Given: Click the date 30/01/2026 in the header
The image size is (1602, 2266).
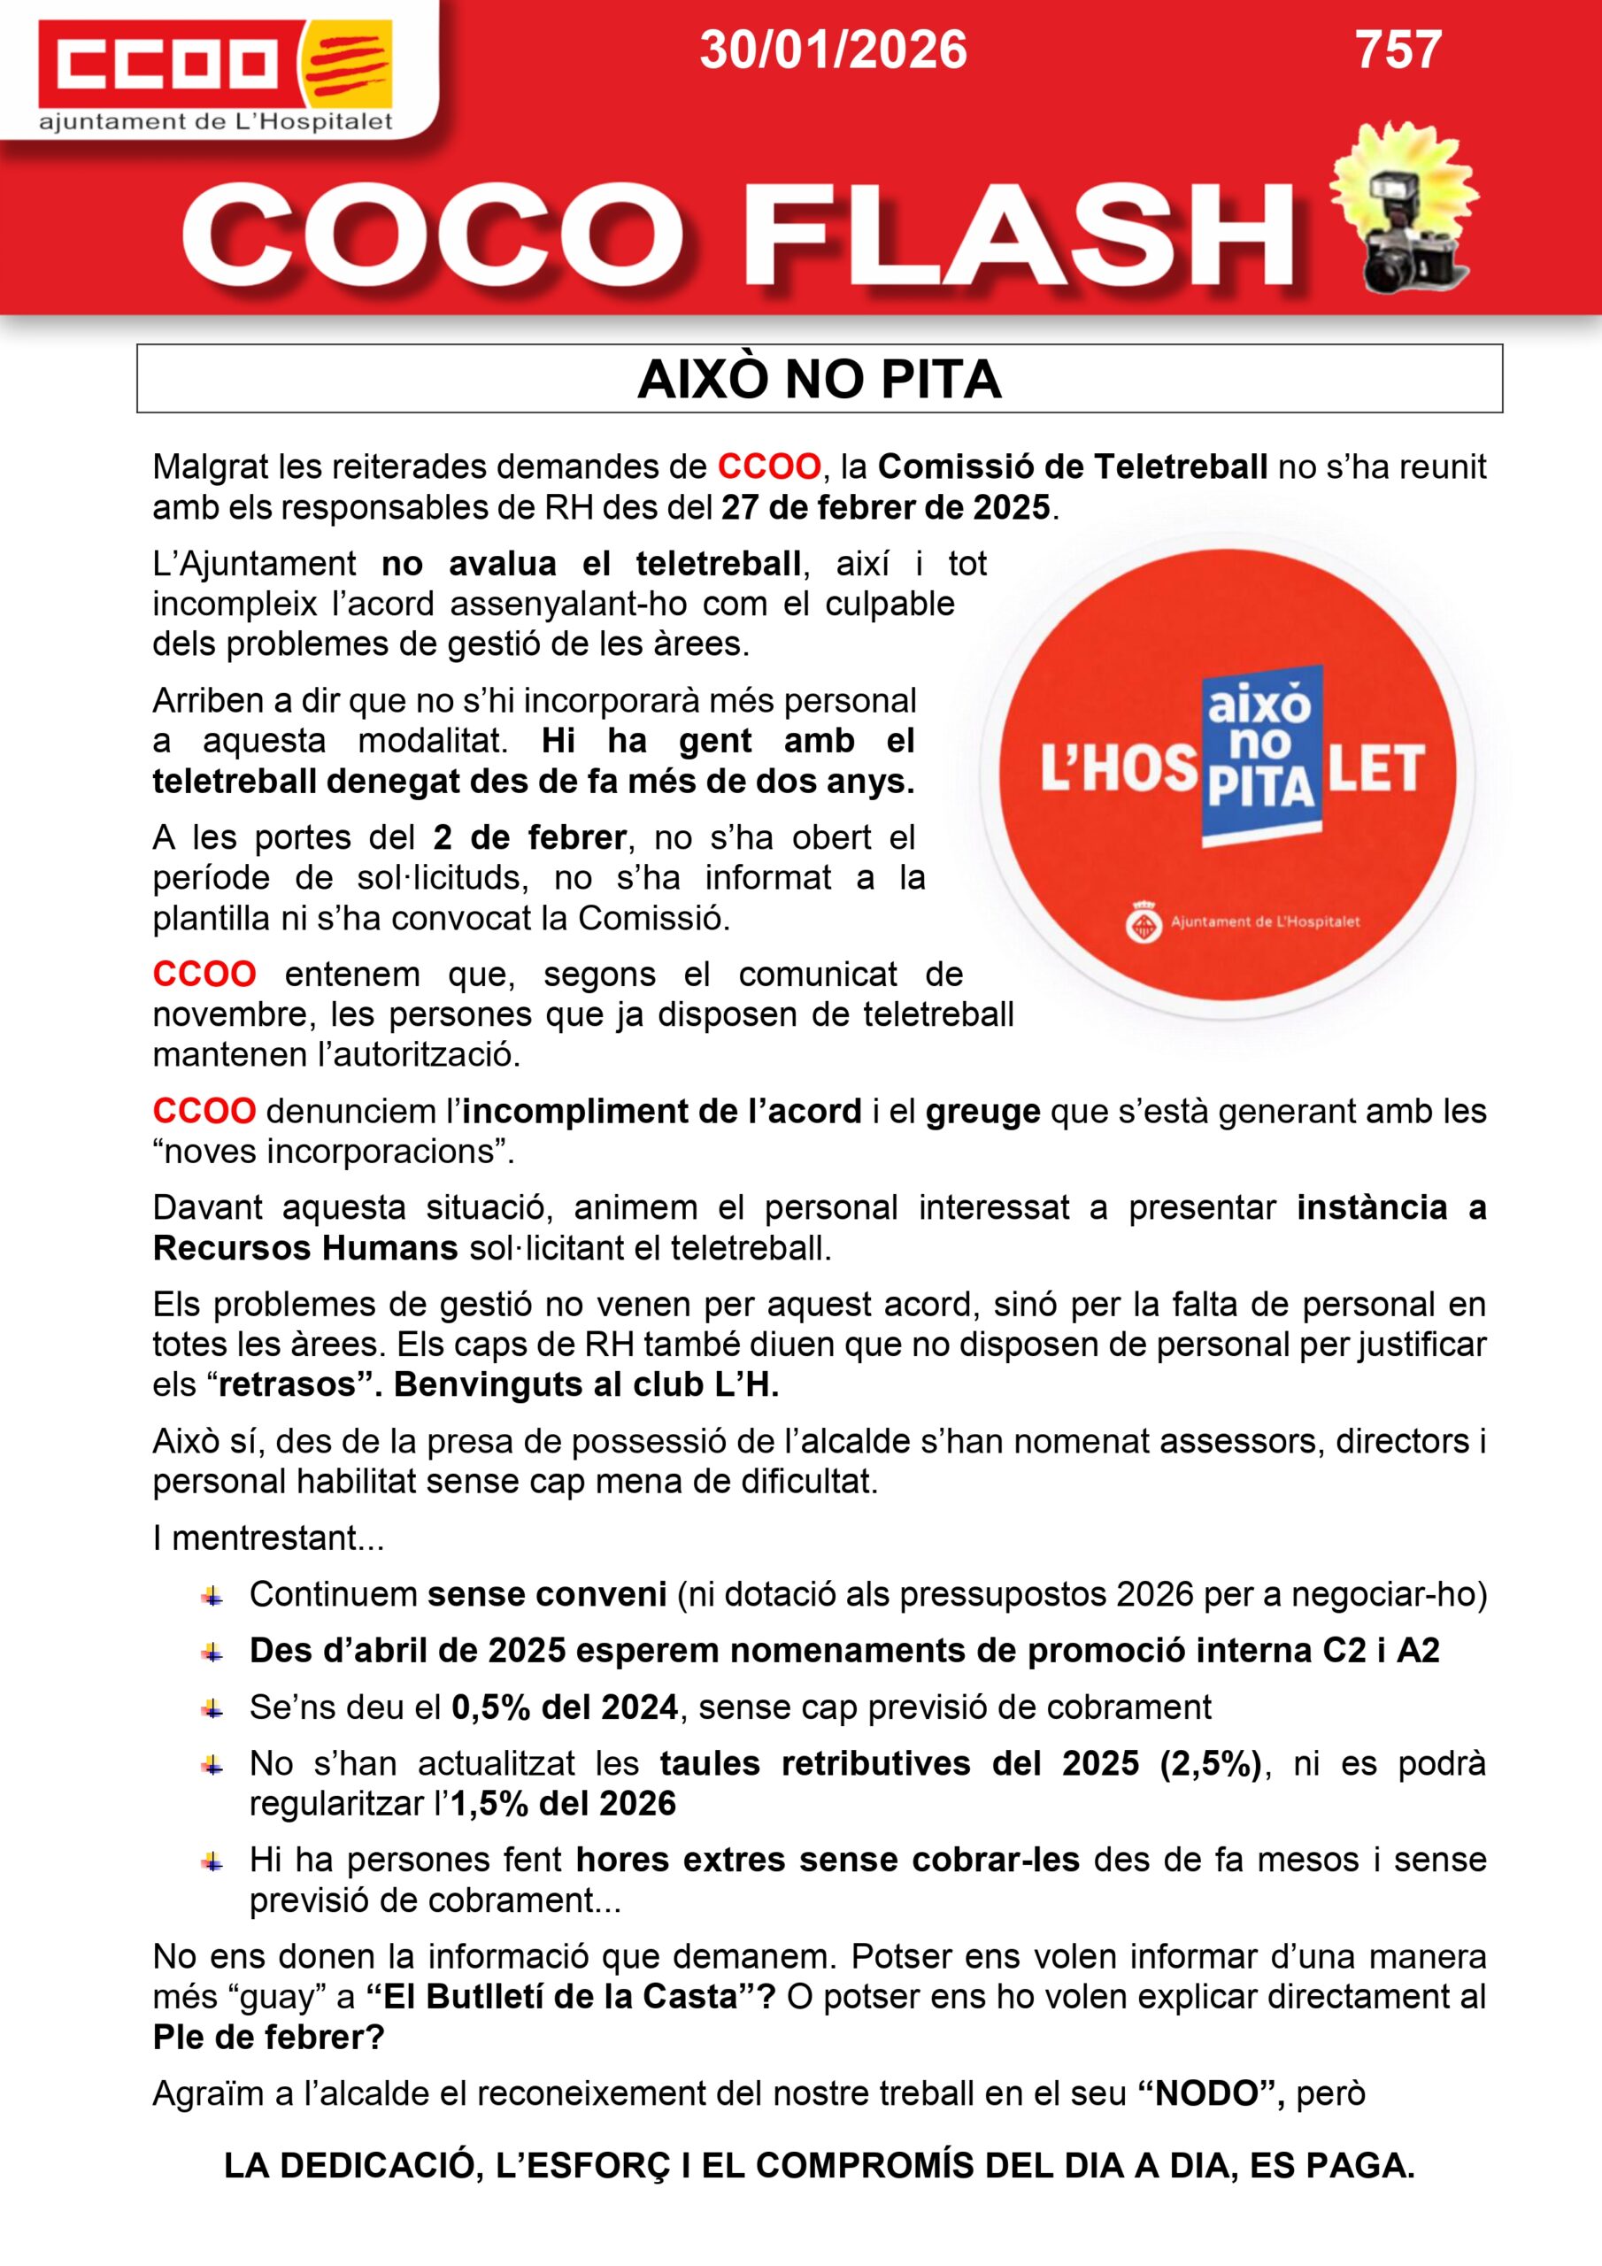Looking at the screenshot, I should (833, 50).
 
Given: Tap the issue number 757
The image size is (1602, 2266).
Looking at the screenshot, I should (1398, 50).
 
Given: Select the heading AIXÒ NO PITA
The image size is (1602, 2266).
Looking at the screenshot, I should (820, 379).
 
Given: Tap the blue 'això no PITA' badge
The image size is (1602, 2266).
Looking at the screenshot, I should (1260, 756).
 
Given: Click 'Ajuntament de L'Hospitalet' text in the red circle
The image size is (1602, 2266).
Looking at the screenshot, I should (1265, 921).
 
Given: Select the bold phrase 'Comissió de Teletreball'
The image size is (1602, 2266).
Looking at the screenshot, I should (1072, 466).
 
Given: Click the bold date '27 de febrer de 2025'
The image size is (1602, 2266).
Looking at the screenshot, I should (885, 507).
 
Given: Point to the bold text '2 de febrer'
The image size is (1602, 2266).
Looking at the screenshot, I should (529, 838).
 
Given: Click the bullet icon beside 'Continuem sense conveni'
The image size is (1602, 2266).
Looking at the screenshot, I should (212, 1595).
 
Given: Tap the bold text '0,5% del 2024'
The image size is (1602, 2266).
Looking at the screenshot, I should (565, 1707).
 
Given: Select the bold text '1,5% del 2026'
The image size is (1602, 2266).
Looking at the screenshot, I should (564, 1803).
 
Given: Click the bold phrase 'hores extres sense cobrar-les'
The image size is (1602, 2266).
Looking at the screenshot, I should (828, 1860).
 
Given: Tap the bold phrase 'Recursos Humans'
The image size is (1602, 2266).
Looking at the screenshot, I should (305, 1248).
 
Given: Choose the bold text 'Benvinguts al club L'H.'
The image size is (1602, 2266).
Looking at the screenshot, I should (586, 1384).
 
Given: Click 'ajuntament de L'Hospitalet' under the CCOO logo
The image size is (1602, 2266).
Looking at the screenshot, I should (215, 122).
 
